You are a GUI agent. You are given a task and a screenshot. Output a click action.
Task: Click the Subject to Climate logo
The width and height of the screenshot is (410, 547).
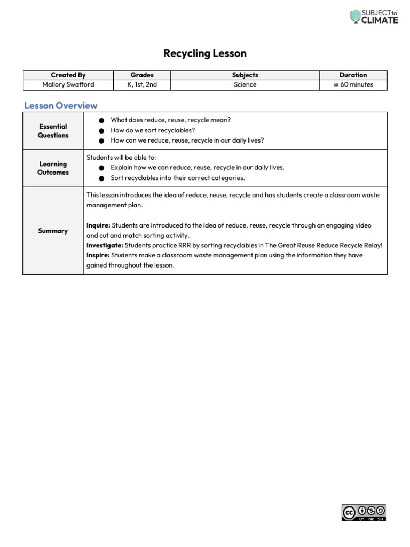(374, 16)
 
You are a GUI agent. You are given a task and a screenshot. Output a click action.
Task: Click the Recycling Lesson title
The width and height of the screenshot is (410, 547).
(205, 53)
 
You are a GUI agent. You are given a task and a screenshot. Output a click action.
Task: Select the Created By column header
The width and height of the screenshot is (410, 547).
(68, 75)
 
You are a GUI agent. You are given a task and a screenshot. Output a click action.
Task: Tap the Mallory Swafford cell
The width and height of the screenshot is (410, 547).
(68, 84)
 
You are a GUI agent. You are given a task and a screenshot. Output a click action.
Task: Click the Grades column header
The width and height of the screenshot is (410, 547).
(142, 75)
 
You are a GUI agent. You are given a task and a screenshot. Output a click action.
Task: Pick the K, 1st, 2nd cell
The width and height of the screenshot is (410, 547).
(142, 84)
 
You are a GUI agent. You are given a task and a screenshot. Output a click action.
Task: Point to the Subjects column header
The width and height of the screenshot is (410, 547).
(245, 75)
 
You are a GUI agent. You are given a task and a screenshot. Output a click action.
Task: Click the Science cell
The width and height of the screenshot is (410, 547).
(245, 84)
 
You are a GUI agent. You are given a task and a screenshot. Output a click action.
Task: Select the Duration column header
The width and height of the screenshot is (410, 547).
(353, 75)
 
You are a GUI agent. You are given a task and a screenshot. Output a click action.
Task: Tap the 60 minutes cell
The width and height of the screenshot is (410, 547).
(353, 84)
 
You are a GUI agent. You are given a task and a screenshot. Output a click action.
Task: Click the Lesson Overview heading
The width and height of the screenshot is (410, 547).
(61, 105)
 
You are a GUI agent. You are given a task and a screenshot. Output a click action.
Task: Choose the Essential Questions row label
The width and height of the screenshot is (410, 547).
(53, 131)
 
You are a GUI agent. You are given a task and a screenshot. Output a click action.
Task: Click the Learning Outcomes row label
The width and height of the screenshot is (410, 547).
(53, 168)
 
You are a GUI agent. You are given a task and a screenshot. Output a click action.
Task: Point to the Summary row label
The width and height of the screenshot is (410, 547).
(53, 231)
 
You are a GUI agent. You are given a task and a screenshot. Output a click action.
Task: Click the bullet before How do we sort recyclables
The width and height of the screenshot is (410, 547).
(101, 131)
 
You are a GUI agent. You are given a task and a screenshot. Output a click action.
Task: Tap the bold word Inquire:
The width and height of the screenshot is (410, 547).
(98, 226)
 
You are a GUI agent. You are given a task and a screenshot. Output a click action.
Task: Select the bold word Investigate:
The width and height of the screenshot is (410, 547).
(105, 245)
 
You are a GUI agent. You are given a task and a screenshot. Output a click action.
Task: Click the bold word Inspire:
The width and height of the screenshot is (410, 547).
(98, 255)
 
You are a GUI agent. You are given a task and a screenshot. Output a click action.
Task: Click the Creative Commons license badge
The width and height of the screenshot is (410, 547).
(364, 512)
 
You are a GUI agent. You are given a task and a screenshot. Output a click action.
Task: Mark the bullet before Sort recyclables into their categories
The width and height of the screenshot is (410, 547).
(101, 178)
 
